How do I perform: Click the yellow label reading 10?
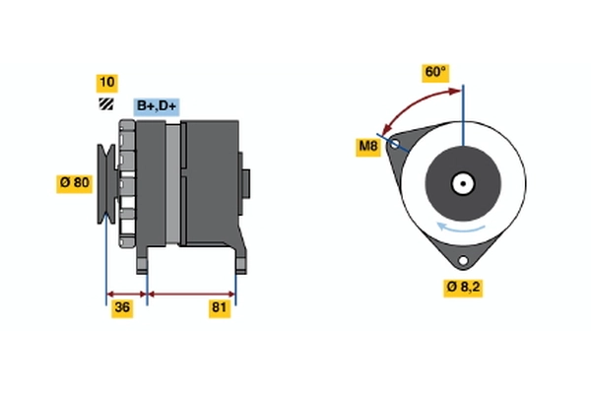click(105, 82)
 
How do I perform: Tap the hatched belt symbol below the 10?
click(104, 104)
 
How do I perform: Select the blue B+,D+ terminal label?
click(157, 105)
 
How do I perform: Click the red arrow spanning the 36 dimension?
click(126, 294)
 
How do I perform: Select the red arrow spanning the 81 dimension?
click(191, 294)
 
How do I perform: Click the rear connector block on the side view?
click(245, 183)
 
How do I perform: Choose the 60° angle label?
click(434, 72)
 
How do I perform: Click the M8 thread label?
click(367, 148)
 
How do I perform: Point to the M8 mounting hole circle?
click(396, 144)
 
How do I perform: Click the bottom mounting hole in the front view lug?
click(460, 260)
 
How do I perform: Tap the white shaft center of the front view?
click(460, 183)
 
